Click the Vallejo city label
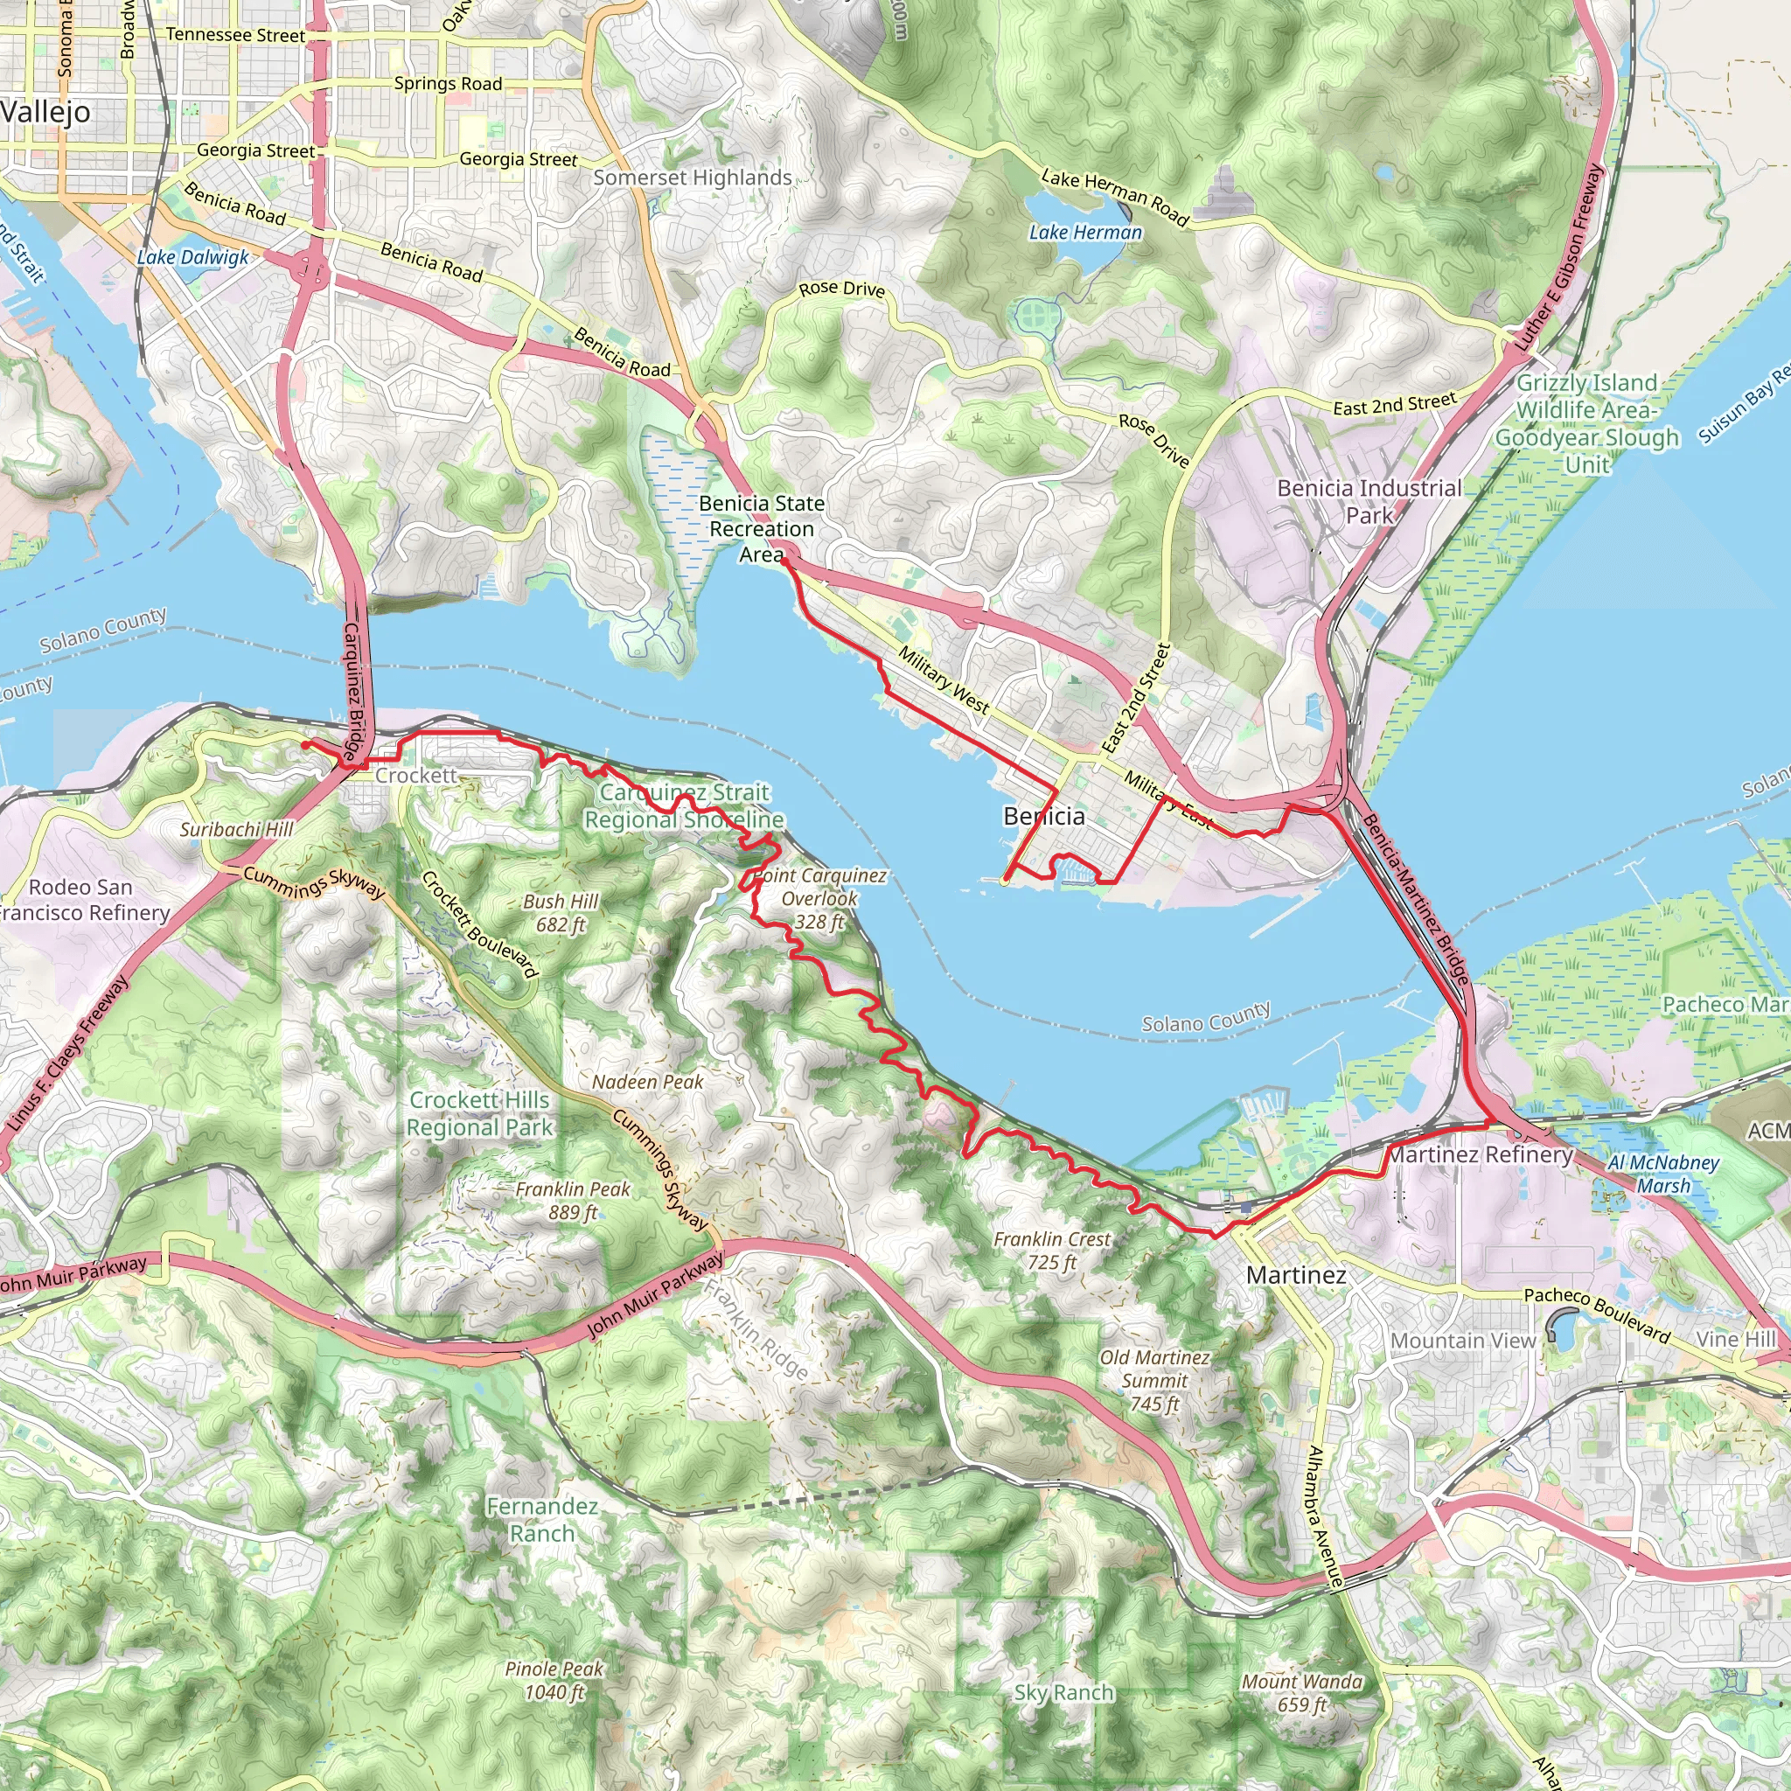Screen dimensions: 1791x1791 46,113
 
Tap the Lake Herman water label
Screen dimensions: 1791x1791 1085,233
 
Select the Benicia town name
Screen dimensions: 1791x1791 1044,817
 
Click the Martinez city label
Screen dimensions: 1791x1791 1295,1276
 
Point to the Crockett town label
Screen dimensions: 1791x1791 416,775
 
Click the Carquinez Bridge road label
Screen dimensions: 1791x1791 355,692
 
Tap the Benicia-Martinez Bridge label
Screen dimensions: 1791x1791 1415,899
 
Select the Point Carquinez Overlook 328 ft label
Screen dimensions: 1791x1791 819,898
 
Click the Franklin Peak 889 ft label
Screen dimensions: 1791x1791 573,1201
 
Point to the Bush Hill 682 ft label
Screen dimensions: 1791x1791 561,913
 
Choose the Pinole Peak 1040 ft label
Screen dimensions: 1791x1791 554,1681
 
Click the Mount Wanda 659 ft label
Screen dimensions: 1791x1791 1302,1693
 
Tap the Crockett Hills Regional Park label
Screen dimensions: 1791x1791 480,1113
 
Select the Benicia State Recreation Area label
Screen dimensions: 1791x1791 762,529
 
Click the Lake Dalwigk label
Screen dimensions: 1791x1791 192,258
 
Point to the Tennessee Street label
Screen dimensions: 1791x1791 235,35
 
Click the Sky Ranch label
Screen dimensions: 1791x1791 1063,1693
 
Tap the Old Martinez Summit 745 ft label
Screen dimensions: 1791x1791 1155,1380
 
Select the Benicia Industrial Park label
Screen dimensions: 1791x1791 1369,501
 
